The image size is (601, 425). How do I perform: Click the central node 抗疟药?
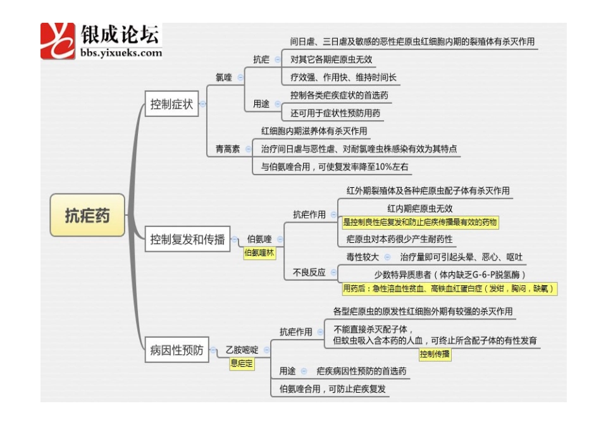tap(87, 215)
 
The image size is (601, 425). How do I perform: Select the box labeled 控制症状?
tap(171, 104)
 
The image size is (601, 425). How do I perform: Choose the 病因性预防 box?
tap(177, 350)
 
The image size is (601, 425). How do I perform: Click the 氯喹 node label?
tap(224, 77)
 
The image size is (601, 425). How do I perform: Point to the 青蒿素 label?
tap(228, 149)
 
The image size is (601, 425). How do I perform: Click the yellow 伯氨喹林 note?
tap(260, 252)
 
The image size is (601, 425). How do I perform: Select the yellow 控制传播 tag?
tap(435, 354)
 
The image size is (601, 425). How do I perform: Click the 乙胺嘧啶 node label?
tap(243, 349)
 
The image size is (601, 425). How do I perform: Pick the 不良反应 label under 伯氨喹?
tap(309, 273)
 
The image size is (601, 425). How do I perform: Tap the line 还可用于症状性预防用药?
tap(335, 113)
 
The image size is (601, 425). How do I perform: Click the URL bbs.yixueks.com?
tap(121, 53)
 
